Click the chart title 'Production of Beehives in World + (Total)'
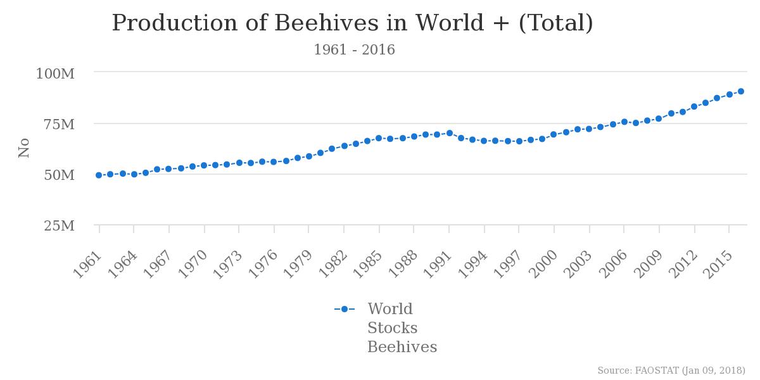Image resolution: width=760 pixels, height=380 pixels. pyautogui.click(x=352, y=23)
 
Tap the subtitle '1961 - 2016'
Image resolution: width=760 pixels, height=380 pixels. pyautogui.click(x=354, y=50)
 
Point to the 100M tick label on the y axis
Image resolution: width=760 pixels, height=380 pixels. pyautogui.click(x=55, y=74)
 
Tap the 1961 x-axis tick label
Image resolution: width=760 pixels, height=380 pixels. pyautogui.click(x=87, y=265)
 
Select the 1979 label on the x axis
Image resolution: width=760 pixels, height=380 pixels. pyautogui.click(x=297, y=265)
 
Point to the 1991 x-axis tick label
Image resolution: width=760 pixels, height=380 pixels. pyautogui.click(x=437, y=265)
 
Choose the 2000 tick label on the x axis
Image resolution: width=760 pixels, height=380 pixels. pyautogui.click(x=542, y=265)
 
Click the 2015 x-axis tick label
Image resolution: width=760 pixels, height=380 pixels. pyautogui.click(x=717, y=265)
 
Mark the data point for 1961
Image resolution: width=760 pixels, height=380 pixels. pyautogui.click(x=99, y=175)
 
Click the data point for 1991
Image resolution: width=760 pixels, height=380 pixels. pyautogui.click(x=450, y=133)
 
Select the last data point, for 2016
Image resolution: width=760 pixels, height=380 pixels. pyautogui.click(x=741, y=91)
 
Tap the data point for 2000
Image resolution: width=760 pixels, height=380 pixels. pyautogui.click(x=554, y=134)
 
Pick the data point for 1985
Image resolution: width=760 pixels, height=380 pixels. pyautogui.click(x=379, y=138)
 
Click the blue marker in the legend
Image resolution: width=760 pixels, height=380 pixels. pyautogui.click(x=345, y=309)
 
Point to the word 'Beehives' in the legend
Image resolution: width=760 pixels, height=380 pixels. pyautogui.click(x=402, y=347)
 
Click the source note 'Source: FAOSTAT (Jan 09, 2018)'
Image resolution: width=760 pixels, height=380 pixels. pyautogui.click(x=671, y=370)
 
